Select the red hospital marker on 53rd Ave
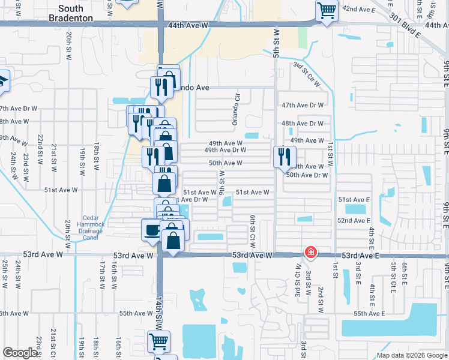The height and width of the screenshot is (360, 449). (x=310, y=252)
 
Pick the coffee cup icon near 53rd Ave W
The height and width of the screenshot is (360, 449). (x=151, y=229)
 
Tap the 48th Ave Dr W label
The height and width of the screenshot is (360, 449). (x=303, y=124)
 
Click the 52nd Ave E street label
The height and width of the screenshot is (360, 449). (x=353, y=221)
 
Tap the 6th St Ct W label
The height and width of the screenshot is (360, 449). (x=253, y=229)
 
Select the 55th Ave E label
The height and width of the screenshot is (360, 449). (x=369, y=314)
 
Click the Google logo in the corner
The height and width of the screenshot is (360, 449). (x=20, y=353)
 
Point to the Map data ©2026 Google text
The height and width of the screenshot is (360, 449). (x=412, y=355)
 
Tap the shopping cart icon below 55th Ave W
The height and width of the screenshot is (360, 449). (x=159, y=341)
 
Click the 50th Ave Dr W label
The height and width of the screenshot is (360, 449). (x=307, y=175)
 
